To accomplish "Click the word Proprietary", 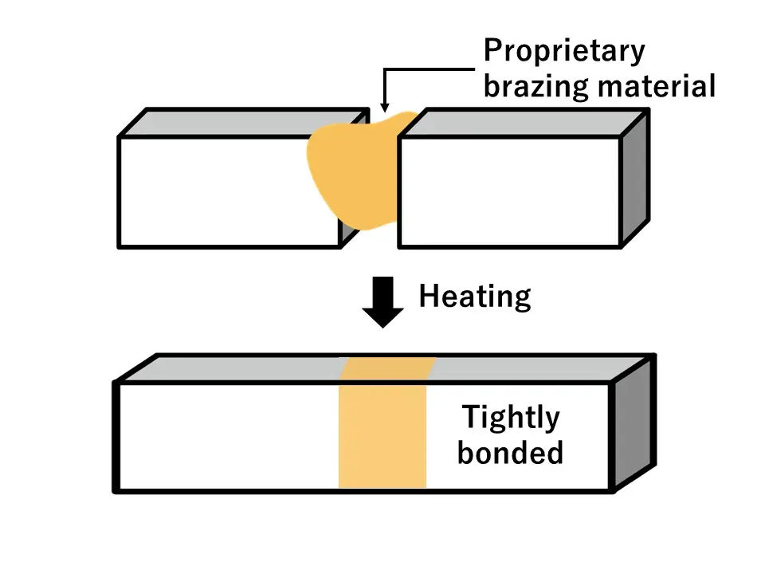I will click(564, 52).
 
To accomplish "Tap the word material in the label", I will click(655, 86).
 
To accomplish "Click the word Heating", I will click(475, 297).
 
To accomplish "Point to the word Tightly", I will click(511, 417).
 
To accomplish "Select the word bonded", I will click(510, 453).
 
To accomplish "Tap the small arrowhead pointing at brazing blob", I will click(385, 104).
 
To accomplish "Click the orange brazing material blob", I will click(351, 171).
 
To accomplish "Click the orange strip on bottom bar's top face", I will click(388, 368).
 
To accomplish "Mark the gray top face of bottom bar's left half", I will click(239, 368).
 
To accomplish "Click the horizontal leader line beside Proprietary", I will click(430, 69).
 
